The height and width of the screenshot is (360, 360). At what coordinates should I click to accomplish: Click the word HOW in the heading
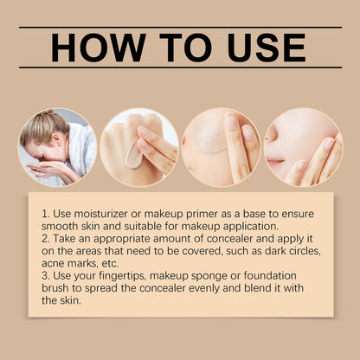99,48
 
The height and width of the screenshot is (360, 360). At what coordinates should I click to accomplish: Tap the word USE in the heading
267,48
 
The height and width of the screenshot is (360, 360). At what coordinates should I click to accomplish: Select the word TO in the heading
186,48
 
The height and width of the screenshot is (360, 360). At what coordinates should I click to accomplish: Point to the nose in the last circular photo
271,136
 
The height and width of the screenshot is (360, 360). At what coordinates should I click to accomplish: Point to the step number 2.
46,239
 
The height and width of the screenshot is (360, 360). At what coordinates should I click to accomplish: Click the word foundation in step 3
270,275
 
